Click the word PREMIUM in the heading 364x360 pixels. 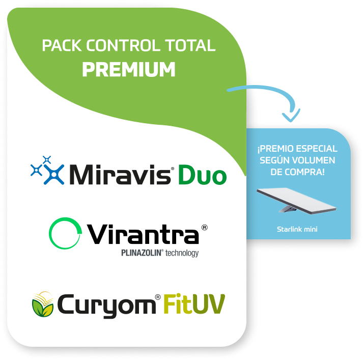point(129,69)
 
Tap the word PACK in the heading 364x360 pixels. point(62,45)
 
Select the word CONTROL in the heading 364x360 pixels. point(123,45)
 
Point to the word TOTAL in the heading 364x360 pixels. point(190,45)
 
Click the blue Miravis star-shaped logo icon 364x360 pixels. point(47,171)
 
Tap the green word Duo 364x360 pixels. point(202,175)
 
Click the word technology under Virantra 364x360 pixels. point(182,253)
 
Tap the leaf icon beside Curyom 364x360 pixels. point(43,304)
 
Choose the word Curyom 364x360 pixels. point(106,306)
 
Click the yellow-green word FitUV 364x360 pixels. point(194,303)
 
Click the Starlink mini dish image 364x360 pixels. point(296,201)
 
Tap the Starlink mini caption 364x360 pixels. point(297,230)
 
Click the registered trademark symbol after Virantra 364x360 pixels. point(204,228)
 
